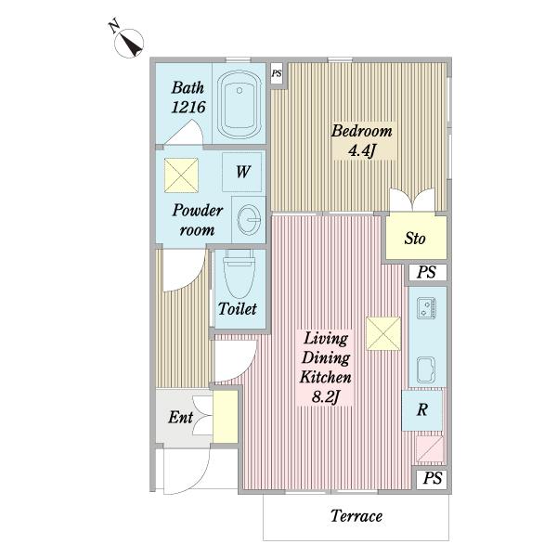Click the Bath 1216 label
pos(188,97)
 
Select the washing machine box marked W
pos(242,172)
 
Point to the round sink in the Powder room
pos(249,220)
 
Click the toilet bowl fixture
pos(240,274)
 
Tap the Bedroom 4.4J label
pos(362,141)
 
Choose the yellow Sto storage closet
pos(416,238)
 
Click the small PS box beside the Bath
pos(277,73)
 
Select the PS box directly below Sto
pos(427,272)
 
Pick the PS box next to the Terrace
pos(432,478)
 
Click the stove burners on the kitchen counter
pos(427,308)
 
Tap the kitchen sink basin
pos(426,369)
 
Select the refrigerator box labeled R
pos(422,410)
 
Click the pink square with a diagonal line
pos(430,448)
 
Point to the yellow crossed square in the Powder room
pos(181,175)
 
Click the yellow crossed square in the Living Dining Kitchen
pos(383,333)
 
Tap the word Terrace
pos(356,516)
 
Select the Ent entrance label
pos(181,418)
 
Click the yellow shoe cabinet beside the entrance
pos(226,417)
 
